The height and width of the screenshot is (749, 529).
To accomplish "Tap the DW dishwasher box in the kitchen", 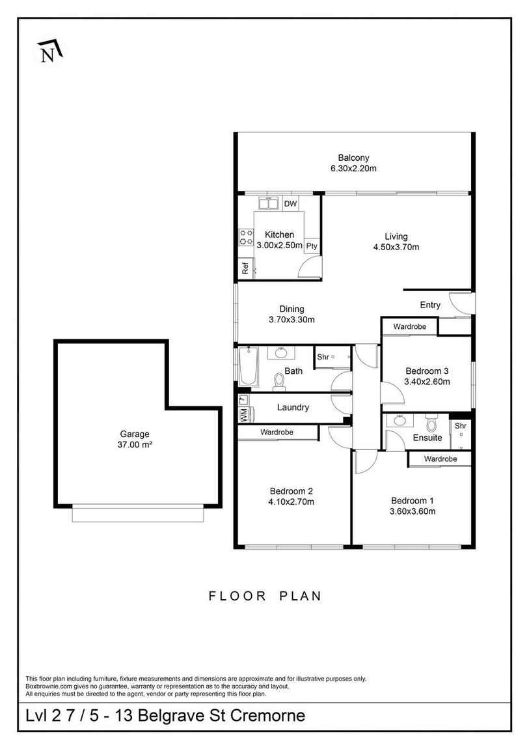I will coord(290,204).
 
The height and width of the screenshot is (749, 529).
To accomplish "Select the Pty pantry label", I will coord(312,246).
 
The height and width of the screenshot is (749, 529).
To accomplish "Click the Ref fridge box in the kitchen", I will coord(245,268).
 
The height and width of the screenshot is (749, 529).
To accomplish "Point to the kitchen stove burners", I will coord(246,237).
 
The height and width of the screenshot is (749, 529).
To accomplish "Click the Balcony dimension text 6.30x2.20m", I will coord(353,168).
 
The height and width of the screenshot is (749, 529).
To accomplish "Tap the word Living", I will coord(396,236).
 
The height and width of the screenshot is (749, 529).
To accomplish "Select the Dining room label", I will coord(292,309).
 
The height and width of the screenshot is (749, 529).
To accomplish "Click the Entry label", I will coord(430,305).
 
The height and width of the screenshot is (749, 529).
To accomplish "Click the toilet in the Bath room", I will coord(278,382).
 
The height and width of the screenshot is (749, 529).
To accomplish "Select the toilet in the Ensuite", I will coord(430,424).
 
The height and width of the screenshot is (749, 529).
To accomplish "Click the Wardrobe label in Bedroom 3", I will coord(409,326).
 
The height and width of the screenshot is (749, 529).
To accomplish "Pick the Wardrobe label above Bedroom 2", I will coord(277,432).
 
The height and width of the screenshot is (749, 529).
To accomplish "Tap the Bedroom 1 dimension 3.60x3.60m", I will coord(413,511).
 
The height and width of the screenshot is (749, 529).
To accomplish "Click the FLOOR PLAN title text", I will coord(265,595).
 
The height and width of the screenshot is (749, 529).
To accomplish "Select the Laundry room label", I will coord(293,407).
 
